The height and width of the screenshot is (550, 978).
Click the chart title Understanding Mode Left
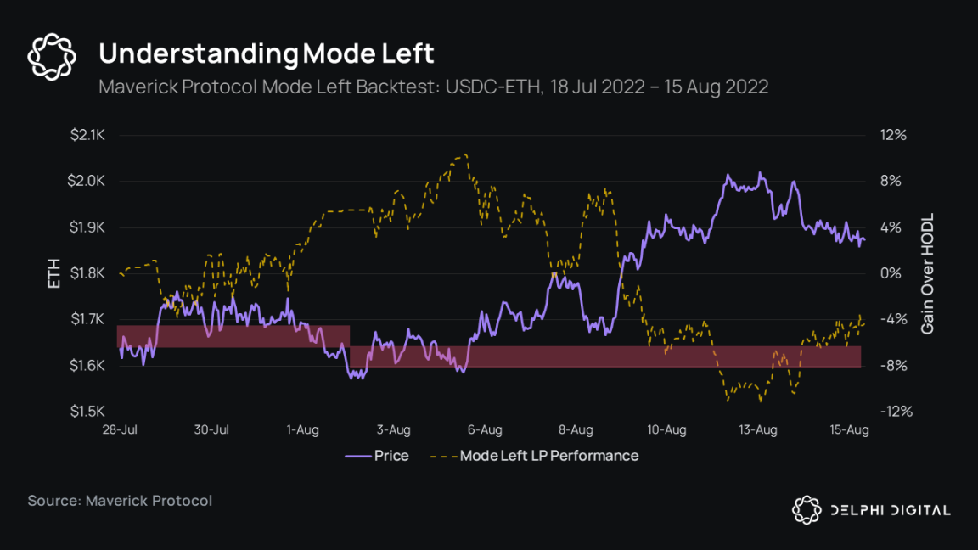click(267, 53)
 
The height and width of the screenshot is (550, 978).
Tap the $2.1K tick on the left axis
click(87, 135)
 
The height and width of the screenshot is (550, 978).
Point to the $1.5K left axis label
click(87, 412)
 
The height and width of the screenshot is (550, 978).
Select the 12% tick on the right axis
click(895, 135)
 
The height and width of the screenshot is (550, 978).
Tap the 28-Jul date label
click(119, 429)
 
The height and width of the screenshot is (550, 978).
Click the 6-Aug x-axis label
click(485, 429)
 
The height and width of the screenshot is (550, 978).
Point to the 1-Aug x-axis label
click(302, 429)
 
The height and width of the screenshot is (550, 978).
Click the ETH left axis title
click(54, 273)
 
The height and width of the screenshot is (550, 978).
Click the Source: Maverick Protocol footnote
click(120, 501)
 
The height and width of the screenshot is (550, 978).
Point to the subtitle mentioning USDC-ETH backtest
click(433, 87)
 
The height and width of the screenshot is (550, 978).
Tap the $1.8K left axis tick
click(87, 273)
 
